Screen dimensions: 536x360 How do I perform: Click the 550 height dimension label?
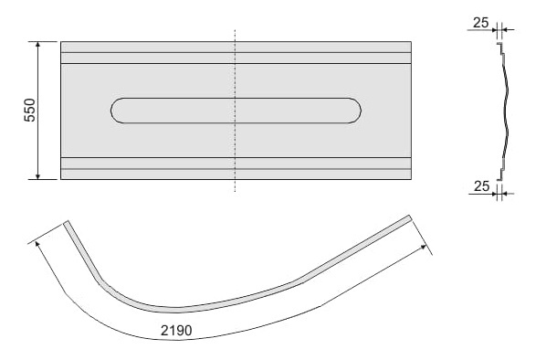point(30,110)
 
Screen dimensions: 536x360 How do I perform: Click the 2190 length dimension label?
point(176,331)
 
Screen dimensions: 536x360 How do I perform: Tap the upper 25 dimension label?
point(481,23)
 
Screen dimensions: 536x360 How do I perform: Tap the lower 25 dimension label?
point(481,186)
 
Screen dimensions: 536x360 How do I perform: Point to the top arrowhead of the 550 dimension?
point(38,44)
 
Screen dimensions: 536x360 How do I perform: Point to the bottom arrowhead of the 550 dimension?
point(38,176)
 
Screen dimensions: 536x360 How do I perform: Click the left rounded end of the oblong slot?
point(117,111)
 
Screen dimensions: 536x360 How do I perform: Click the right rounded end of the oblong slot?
point(355,111)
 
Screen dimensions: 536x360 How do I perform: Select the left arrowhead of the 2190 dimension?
point(37,244)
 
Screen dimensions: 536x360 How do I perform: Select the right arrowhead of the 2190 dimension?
point(423,247)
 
